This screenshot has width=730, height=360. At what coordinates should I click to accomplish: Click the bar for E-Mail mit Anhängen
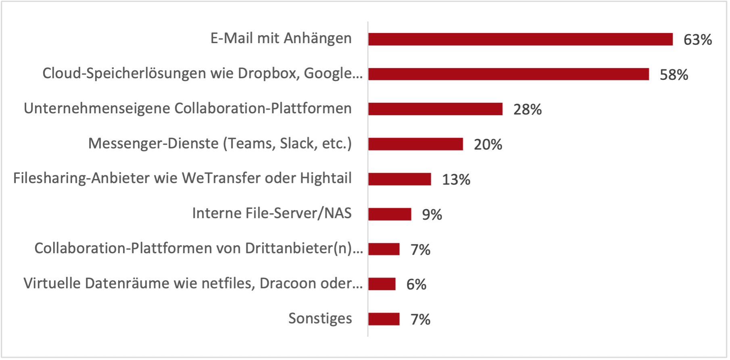pyautogui.click(x=520, y=39)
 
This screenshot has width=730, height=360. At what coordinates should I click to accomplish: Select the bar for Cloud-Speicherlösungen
pyautogui.click(x=508, y=74)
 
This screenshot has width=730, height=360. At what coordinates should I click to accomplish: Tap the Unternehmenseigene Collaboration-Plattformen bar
pyautogui.click(x=435, y=109)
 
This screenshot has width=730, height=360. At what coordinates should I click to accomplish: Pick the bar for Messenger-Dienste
pyautogui.click(x=415, y=144)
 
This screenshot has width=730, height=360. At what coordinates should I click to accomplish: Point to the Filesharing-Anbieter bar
pyautogui.click(x=399, y=179)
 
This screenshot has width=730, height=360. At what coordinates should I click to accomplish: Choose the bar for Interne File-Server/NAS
pyautogui.click(x=390, y=214)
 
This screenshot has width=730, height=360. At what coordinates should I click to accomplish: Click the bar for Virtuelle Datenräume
pyautogui.click(x=382, y=284)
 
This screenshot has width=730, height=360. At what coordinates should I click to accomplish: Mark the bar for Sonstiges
pyautogui.click(x=384, y=319)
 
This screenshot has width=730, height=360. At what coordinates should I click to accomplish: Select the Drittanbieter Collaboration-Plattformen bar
pyautogui.click(x=384, y=249)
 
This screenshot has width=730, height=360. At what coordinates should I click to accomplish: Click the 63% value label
pyautogui.click(x=697, y=40)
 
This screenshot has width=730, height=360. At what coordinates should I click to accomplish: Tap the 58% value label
pyautogui.click(x=674, y=75)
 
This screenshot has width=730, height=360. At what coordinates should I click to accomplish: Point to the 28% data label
pyautogui.click(x=527, y=110)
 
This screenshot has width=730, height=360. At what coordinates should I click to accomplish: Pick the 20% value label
pyautogui.click(x=488, y=145)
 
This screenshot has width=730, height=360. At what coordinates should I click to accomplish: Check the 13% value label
pyautogui.click(x=456, y=180)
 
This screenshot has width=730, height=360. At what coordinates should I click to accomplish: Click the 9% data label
pyautogui.click(x=432, y=215)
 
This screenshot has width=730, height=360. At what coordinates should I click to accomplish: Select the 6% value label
pyautogui.click(x=416, y=285)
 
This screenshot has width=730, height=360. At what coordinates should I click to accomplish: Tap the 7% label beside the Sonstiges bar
pyautogui.click(x=420, y=320)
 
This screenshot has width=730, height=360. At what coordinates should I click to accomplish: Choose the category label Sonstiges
pyautogui.click(x=320, y=318)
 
